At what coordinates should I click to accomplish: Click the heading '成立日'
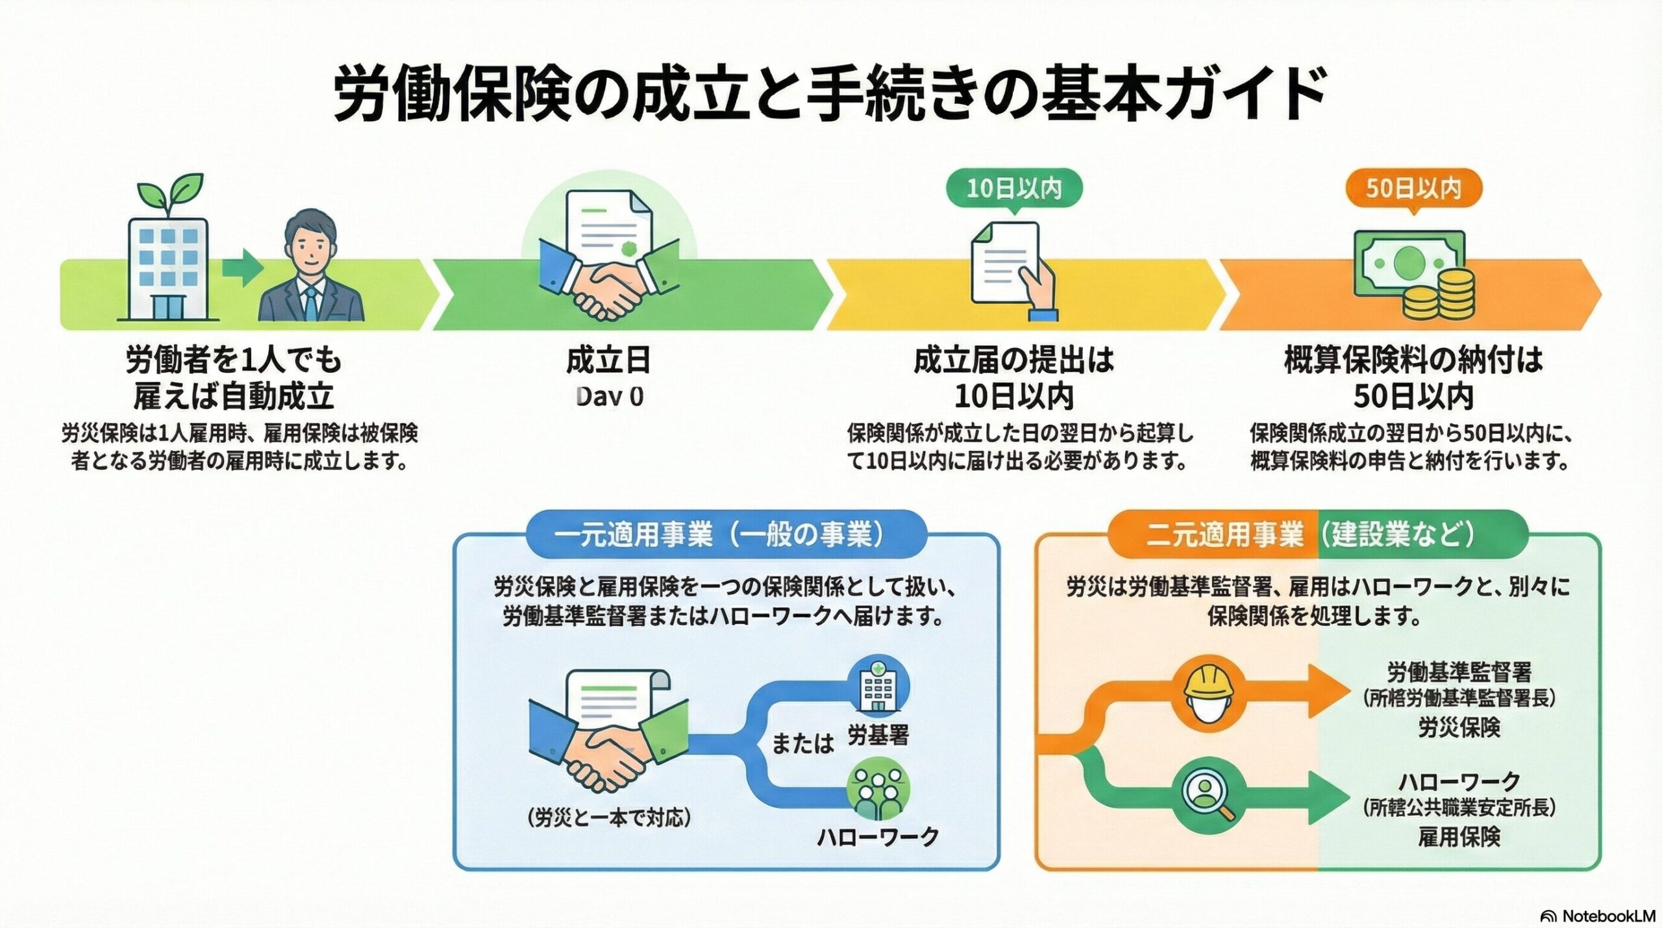(x=609, y=360)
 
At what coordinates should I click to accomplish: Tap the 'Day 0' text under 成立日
(x=609, y=396)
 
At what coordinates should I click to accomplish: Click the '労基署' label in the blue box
(x=878, y=736)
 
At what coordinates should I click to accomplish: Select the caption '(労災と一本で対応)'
(x=609, y=818)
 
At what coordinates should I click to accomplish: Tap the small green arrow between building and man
(x=242, y=268)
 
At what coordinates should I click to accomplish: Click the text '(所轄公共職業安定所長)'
(x=1458, y=808)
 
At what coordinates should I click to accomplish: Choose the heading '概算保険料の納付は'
(x=1413, y=360)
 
